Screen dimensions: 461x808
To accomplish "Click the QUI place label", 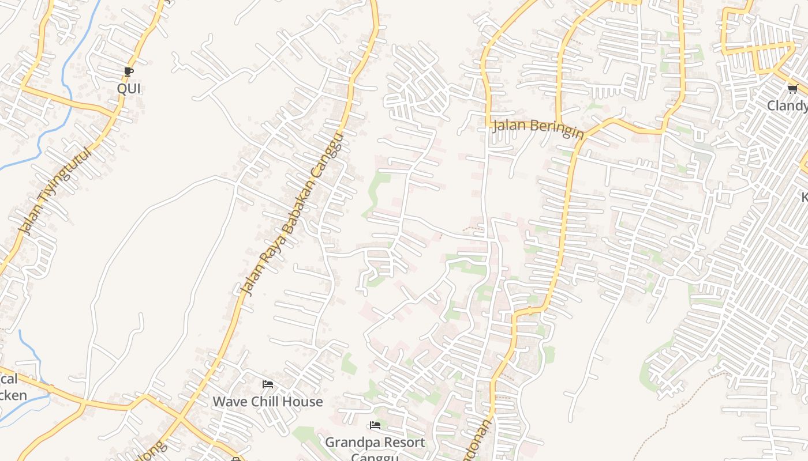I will pyautogui.click(x=129, y=89).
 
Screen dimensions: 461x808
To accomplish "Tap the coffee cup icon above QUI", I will pyautogui.click(x=129, y=72).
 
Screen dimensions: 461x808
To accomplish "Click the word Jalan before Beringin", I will pyautogui.click(x=510, y=125).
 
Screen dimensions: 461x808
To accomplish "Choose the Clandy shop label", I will pyautogui.click(x=787, y=106).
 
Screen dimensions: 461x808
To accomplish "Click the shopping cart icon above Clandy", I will pyautogui.click(x=792, y=89).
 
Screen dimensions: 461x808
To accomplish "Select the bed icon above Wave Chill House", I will pyautogui.click(x=267, y=384).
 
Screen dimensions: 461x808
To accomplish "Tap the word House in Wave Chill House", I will pyautogui.click(x=304, y=402).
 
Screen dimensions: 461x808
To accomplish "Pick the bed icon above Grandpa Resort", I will pyautogui.click(x=375, y=426).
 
